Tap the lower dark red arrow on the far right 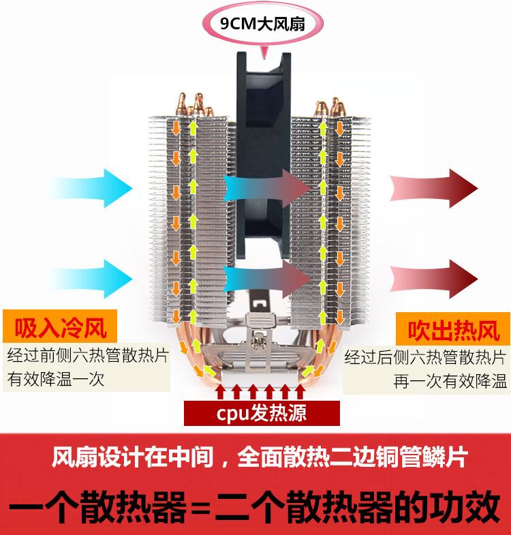(433, 275)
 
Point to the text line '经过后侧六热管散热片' (424, 356)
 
